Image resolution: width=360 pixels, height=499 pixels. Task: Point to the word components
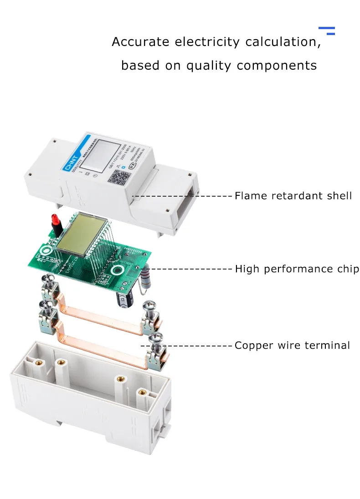(277, 66)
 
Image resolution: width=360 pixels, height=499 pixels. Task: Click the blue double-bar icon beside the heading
(327, 31)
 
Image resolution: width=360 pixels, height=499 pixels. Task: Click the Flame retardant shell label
(293, 196)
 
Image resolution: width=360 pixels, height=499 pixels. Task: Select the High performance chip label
(297, 269)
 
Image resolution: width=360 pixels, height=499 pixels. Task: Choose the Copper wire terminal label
(292, 346)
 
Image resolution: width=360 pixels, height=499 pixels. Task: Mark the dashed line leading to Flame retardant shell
(182, 196)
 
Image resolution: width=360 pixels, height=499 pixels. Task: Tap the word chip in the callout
(348, 269)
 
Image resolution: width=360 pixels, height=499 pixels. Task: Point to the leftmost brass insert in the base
(33, 362)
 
